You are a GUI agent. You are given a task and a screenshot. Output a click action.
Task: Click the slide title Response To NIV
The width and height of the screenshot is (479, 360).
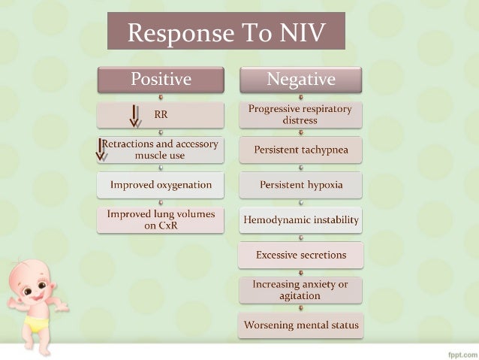tap(226, 32)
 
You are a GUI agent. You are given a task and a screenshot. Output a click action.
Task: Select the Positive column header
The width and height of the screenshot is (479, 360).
tap(161, 79)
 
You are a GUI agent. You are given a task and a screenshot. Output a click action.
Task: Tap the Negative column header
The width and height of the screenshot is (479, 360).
tap(300, 79)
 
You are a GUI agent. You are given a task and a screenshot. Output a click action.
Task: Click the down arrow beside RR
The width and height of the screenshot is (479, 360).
tap(135, 116)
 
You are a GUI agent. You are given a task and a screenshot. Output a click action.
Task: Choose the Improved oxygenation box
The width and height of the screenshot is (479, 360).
tap(161, 184)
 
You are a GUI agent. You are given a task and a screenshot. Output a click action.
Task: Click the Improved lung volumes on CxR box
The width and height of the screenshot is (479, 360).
tap(161, 219)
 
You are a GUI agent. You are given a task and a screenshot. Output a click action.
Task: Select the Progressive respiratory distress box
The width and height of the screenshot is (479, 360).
tap(300, 115)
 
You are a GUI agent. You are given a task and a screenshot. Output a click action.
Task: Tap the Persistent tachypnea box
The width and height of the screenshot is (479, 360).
tap(300, 150)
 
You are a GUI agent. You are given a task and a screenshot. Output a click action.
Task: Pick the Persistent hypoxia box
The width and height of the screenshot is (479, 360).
tap(300, 185)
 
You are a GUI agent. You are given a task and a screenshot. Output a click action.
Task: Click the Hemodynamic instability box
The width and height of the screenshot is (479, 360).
tap(300, 220)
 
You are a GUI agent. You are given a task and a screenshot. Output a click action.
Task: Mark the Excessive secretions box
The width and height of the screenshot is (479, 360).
tap(300, 255)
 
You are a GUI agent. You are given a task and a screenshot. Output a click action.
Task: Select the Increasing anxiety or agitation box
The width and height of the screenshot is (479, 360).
tap(300, 290)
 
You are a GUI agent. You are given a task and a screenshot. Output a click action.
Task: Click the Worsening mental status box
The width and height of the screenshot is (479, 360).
tap(300, 325)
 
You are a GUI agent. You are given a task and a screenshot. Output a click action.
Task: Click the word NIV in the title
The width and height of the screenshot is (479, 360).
tap(304, 32)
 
